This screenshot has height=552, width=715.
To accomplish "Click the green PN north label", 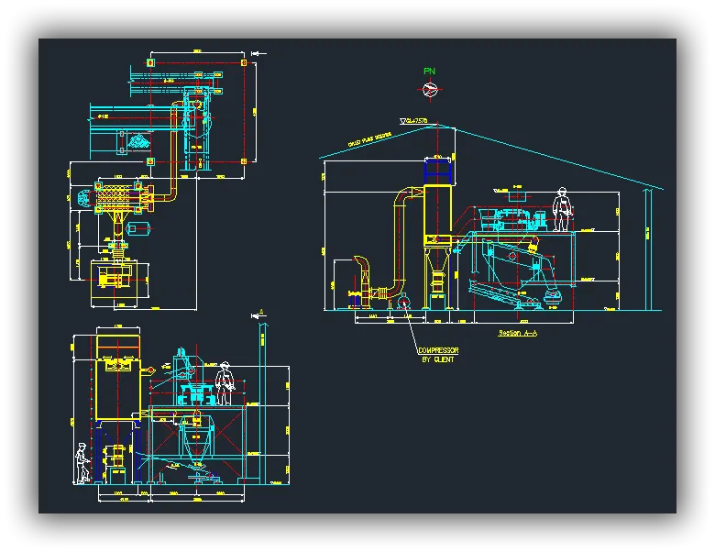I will tap(429, 71).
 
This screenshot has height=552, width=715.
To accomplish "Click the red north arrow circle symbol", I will tap(429, 89).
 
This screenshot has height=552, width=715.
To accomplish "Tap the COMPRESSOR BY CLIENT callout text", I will tap(437, 355).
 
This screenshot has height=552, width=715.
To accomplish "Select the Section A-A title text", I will tap(517, 334).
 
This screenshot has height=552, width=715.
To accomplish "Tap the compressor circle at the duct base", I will tap(404, 304).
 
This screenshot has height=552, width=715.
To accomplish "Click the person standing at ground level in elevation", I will tap(82, 463).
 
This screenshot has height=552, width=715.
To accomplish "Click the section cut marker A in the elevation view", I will tap(260, 315).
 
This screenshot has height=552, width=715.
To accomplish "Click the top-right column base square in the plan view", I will tap(243, 63).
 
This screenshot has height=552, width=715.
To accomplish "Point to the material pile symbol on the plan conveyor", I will tap(139, 142).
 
